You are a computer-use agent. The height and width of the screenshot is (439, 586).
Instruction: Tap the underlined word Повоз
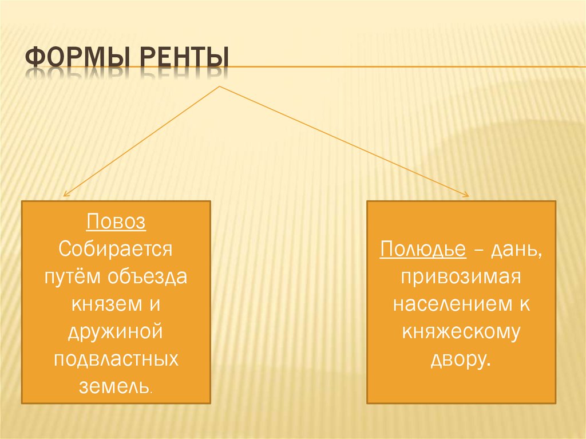pyautogui.click(x=116, y=222)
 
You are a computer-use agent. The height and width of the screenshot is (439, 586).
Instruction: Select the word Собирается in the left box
pyautogui.click(x=116, y=249)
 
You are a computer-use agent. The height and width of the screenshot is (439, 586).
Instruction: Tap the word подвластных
pyautogui.click(x=116, y=359)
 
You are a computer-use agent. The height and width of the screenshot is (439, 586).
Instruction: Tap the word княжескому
pyautogui.click(x=461, y=332)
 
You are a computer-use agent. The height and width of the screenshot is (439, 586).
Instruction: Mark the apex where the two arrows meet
pyautogui.click(x=220, y=87)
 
